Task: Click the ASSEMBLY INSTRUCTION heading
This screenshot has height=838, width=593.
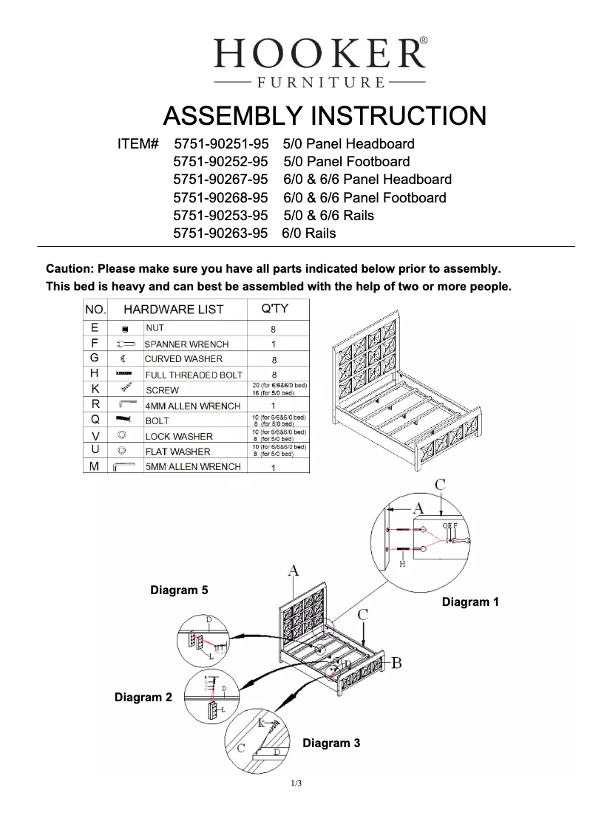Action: click(x=324, y=116)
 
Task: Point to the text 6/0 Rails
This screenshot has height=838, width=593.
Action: click(x=308, y=234)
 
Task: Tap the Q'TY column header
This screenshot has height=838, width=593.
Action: click(x=276, y=309)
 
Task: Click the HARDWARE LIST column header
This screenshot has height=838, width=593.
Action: click(x=173, y=309)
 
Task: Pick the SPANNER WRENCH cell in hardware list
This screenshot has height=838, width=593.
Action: click(x=186, y=344)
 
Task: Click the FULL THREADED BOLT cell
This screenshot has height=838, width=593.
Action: click(x=194, y=375)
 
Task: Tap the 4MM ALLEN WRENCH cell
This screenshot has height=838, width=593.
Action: click(x=192, y=406)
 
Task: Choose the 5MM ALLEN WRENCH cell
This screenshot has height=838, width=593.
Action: click(x=192, y=467)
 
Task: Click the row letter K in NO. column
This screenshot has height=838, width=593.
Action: click(x=95, y=389)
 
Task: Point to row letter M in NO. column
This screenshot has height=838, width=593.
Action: click(x=95, y=467)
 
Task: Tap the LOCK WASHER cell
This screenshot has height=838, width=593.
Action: click(x=178, y=437)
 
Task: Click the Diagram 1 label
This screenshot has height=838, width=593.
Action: click(x=470, y=602)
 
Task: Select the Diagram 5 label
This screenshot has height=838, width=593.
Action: click(x=179, y=590)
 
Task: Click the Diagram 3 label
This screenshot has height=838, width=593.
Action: click(x=331, y=743)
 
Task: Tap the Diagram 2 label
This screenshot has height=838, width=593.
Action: click(x=143, y=697)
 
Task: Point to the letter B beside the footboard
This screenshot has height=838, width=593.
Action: click(x=396, y=662)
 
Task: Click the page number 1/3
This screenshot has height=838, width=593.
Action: click(x=296, y=783)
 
